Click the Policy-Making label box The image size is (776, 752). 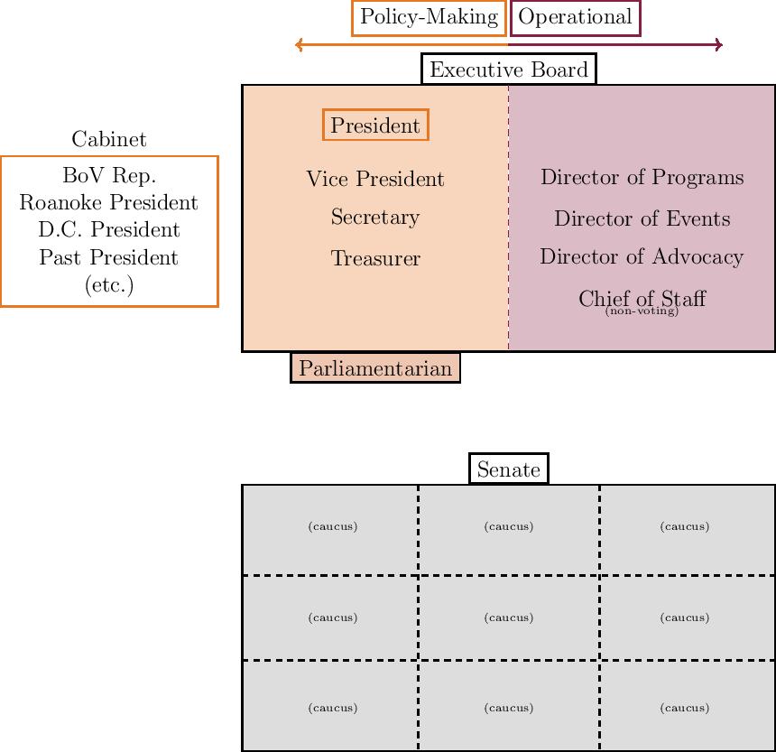pos(429,18)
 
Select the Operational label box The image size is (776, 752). pos(575,18)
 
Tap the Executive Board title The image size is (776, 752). pos(509,70)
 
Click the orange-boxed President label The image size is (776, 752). pos(375,125)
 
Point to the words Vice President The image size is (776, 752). pos(375,179)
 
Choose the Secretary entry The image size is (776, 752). pos(375,218)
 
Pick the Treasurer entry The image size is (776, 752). pos(375,259)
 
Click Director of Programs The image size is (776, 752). pos(642,177)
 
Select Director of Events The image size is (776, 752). pos(642,218)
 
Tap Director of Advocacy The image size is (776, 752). pos(642,257)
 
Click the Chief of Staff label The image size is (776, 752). pos(642,297)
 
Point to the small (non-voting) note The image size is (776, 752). pos(642,312)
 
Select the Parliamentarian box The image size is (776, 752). pos(375,368)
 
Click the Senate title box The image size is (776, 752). pos(509,469)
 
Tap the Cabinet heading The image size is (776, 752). pos(109,139)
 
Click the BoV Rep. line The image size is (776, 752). pos(109,175)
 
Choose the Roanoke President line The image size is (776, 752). pos(109,202)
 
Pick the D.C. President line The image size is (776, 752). pos(109,230)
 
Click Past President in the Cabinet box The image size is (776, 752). pos(109,257)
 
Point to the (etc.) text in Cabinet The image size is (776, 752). pos(109,285)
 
